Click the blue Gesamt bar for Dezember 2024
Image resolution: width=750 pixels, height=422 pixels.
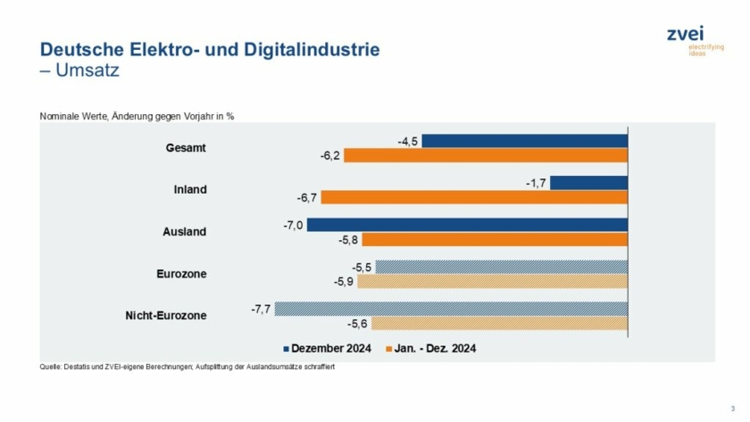pyautogui.click(x=525, y=141)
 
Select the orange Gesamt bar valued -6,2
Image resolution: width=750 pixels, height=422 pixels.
pyautogui.click(x=486, y=155)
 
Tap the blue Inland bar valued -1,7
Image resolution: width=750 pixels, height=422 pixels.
pyautogui.click(x=589, y=183)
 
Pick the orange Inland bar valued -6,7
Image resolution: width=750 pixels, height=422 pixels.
pyautogui.click(x=474, y=197)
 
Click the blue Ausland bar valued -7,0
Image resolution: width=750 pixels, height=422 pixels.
pyautogui.click(x=467, y=225)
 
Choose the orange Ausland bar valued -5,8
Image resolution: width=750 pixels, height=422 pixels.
pyautogui.click(x=495, y=239)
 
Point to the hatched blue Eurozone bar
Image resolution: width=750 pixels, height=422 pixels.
pyautogui.click(x=502, y=267)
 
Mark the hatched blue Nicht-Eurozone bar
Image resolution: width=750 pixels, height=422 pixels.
pyautogui.click(x=451, y=309)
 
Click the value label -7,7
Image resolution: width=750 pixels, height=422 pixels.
pyautogui.click(x=261, y=309)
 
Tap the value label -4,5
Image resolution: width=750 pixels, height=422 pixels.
pyautogui.click(x=409, y=141)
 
